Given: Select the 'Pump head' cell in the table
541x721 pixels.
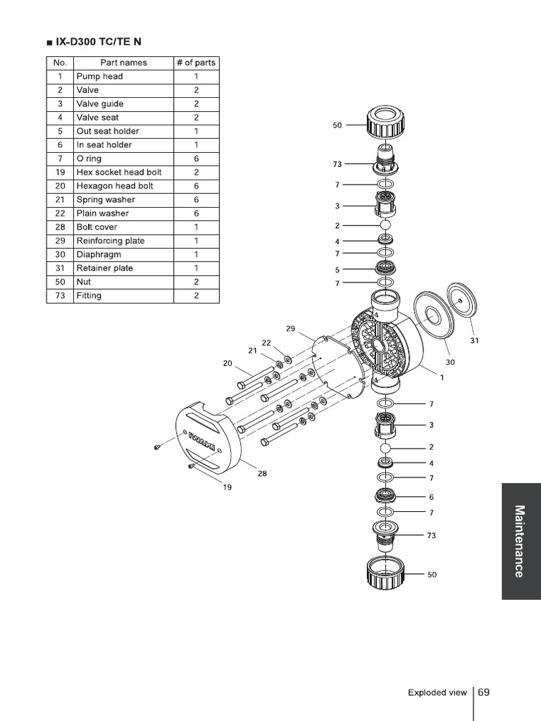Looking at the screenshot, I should pyautogui.click(x=99, y=76).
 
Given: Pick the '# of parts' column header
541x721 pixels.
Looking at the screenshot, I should pyautogui.click(x=196, y=63).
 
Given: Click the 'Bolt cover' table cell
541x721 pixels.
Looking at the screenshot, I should pyautogui.click(x=97, y=227).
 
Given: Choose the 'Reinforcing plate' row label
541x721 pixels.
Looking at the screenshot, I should pyautogui.click(x=111, y=241).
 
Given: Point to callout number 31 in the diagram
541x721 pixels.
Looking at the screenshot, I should pyautogui.click(x=474, y=341).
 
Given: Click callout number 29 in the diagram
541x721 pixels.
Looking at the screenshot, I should pyautogui.click(x=291, y=329).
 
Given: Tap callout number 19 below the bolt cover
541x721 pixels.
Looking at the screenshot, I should pyautogui.click(x=227, y=487).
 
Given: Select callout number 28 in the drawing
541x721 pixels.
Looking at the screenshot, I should pyautogui.click(x=262, y=474).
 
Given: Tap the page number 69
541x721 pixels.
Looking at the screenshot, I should pyautogui.click(x=483, y=692).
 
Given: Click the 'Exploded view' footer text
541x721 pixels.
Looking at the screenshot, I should pyautogui.click(x=437, y=693).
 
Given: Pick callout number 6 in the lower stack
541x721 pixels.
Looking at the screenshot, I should pyautogui.click(x=432, y=497).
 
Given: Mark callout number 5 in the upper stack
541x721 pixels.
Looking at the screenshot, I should pyautogui.click(x=337, y=270).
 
